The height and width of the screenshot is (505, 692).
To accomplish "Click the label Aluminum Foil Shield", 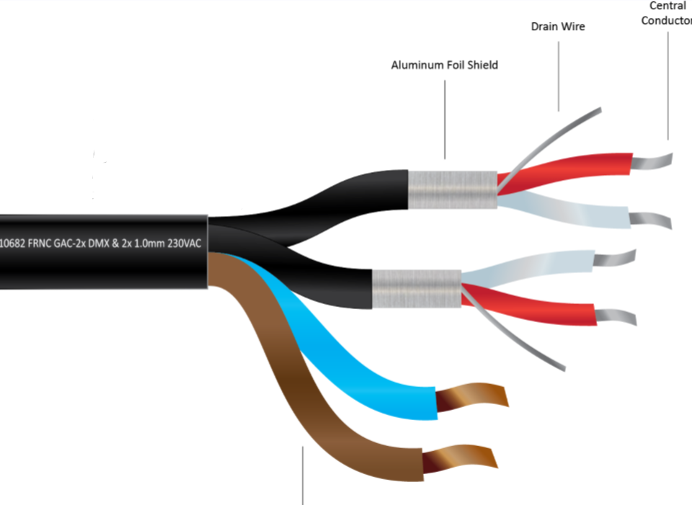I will [x=444, y=65].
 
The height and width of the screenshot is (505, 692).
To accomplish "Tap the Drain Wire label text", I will [x=558, y=27].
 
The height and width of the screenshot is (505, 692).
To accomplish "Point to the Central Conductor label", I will [x=667, y=13].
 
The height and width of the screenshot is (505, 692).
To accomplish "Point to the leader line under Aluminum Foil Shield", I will [x=445, y=119].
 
